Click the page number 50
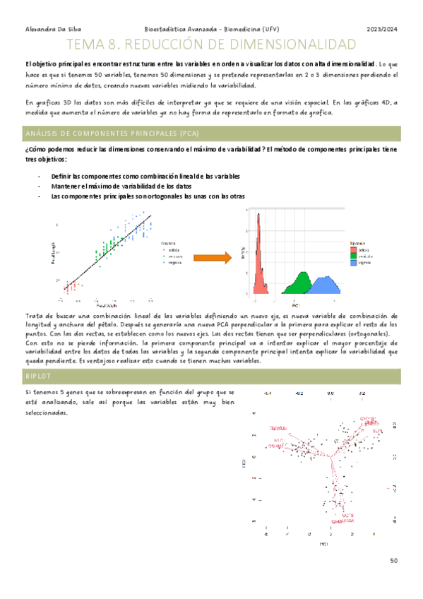click(x=394, y=561)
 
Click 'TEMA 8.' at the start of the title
click(x=109, y=45)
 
